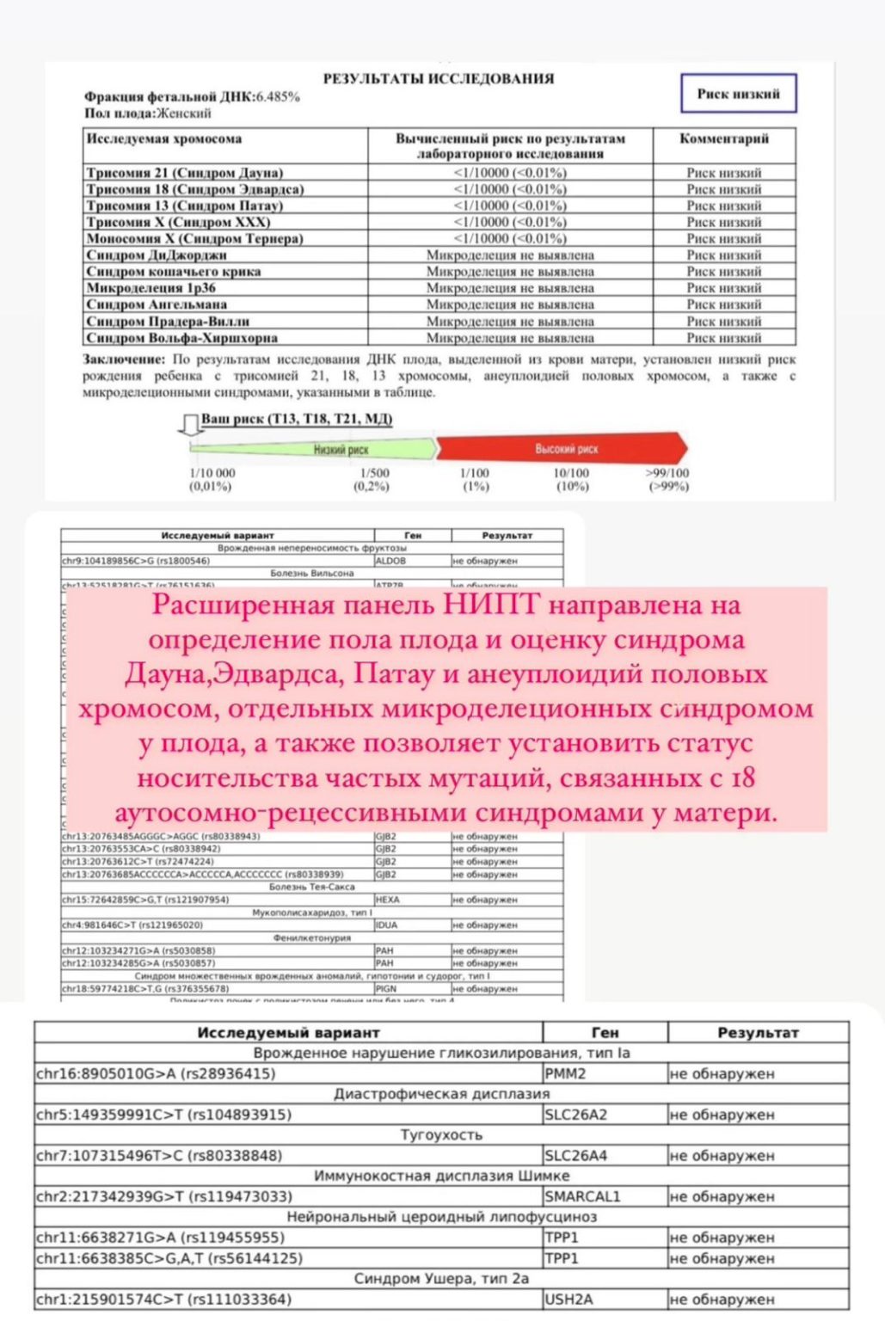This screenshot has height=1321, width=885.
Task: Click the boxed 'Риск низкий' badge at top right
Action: (x=738, y=94)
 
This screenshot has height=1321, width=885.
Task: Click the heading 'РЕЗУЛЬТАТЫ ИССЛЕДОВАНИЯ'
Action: (x=439, y=78)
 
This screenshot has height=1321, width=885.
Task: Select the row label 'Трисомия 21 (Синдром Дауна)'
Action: (x=184, y=173)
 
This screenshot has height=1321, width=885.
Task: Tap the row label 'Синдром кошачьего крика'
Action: (x=173, y=272)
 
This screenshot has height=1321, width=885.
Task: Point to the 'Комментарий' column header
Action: (x=724, y=138)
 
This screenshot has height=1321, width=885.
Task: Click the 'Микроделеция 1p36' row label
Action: (x=151, y=288)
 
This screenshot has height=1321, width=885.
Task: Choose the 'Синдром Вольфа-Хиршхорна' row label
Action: (x=181, y=338)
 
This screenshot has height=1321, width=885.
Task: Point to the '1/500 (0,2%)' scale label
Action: (x=374, y=479)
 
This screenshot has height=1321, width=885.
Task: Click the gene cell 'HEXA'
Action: (x=387, y=900)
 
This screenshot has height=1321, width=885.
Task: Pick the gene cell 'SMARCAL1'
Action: (x=582, y=1196)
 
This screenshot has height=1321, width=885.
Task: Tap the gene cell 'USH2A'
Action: (x=569, y=1299)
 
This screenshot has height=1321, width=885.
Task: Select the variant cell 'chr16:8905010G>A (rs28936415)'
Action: (x=156, y=1073)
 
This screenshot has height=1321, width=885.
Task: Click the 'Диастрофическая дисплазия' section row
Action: (x=441, y=1094)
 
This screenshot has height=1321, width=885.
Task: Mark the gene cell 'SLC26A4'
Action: (x=576, y=1155)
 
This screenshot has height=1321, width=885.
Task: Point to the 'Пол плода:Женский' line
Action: (x=147, y=113)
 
